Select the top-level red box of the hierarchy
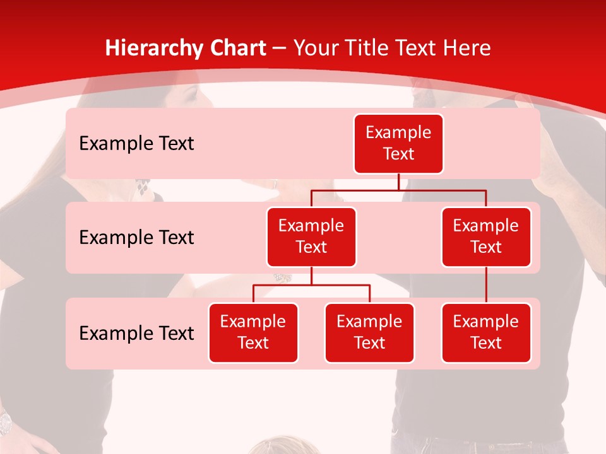coord(398,143)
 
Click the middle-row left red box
coord(311,236)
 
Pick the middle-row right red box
coord(486,236)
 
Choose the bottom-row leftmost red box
coord(253,332)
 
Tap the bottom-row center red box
coord(369,332)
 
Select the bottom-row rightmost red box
coord(486,332)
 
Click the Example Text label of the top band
coord(136,144)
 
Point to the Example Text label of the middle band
coord(136,238)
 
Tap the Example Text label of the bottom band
coord(136,334)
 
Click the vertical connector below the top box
coord(398,182)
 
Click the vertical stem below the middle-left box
coord(311,276)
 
